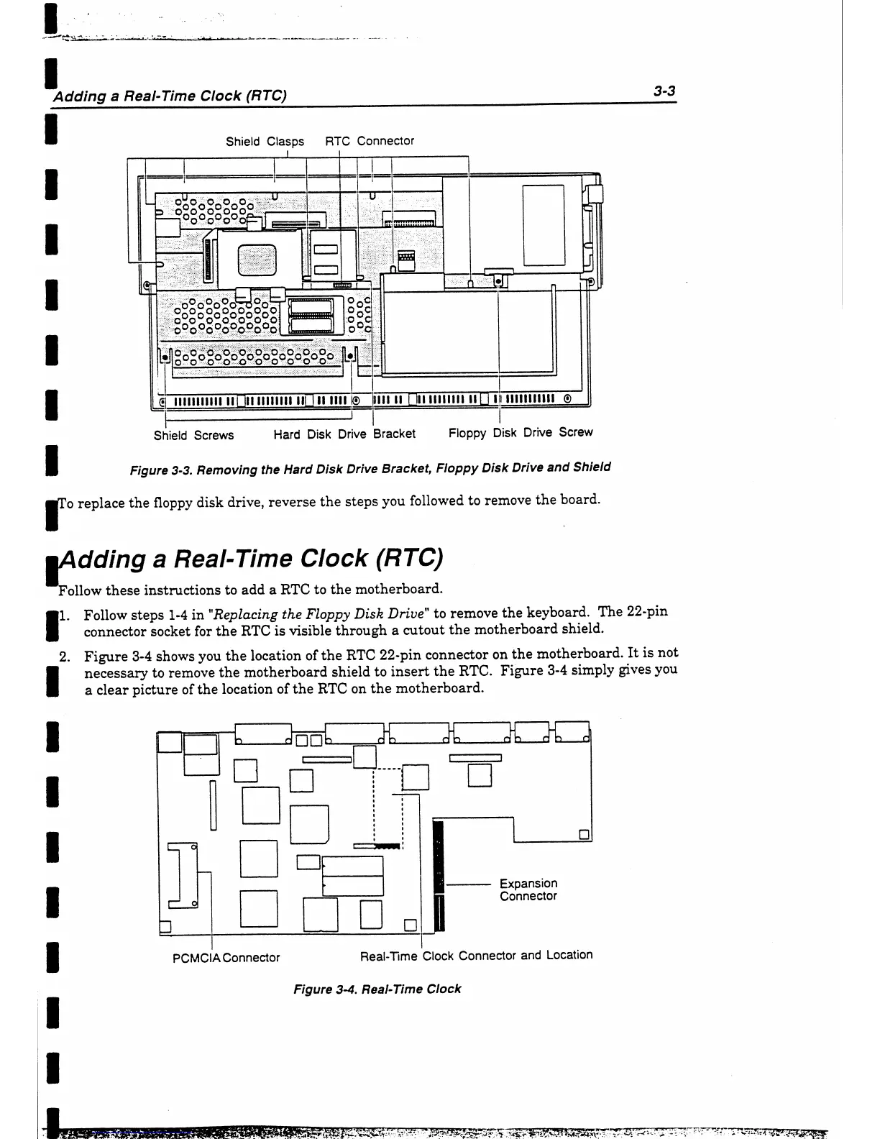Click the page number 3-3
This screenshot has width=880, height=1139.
tap(666, 91)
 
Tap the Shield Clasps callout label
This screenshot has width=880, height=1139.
tap(265, 142)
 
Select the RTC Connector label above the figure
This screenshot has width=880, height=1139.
tap(370, 141)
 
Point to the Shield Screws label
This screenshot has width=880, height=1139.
tap(193, 435)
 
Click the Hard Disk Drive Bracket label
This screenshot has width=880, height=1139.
tap(344, 434)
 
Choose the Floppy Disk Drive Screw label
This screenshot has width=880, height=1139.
tap(521, 432)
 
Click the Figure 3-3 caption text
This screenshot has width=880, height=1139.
tap(370, 468)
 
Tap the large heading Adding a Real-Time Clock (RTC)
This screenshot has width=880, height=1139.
tap(252, 558)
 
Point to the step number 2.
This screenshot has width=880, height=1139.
tap(63, 656)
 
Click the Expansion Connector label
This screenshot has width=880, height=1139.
tap(528, 889)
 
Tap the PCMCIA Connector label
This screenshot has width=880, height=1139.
tap(226, 958)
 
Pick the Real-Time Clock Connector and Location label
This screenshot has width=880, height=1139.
tap(476, 956)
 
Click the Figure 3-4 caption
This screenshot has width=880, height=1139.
tap(377, 989)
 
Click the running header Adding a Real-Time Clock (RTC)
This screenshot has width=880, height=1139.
tap(170, 96)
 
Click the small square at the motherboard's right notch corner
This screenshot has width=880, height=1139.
tap(585, 835)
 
